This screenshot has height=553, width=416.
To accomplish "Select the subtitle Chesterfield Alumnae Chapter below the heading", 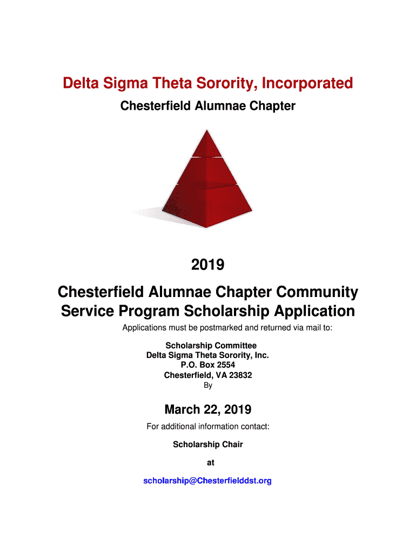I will click(207, 106).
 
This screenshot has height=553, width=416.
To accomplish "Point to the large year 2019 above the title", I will click(207, 265).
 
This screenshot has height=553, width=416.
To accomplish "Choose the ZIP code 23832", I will click(240, 375).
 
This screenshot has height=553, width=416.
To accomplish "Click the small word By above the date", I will click(208, 386).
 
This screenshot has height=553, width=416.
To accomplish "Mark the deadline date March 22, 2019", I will click(207, 409).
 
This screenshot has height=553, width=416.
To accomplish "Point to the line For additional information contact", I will click(208, 427).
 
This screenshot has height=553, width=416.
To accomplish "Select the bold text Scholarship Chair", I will click(208, 444).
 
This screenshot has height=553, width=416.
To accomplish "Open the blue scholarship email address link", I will click(207, 481).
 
